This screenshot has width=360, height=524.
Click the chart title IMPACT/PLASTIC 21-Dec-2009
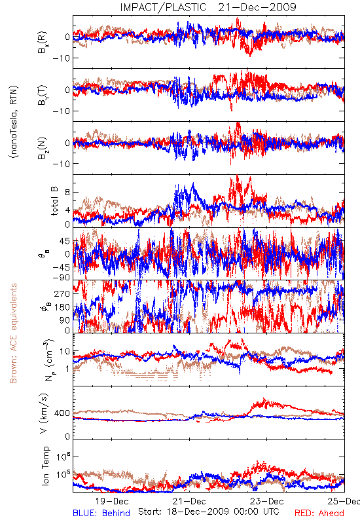pyautogui.click(x=208, y=7)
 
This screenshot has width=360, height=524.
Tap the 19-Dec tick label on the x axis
pyautogui.click(x=112, y=501)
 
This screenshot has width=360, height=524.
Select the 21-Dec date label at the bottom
pyautogui.click(x=189, y=501)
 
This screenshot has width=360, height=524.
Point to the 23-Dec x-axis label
pyautogui.click(x=267, y=501)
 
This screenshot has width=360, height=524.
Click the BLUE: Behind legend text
pyautogui.click(x=101, y=513)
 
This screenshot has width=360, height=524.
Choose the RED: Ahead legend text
pyautogui.click(x=319, y=513)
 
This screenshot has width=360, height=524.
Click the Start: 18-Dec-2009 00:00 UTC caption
pyautogui.click(x=209, y=512)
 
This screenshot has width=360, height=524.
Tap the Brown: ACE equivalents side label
pyautogui.click(x=13, y=333)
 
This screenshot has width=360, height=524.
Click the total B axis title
pyautogui.click(x=54, y=201)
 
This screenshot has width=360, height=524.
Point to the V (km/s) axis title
pyautogui.click(x=45, y=413)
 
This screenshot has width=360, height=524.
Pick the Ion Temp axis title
pyautogui.click(x=45, y=466)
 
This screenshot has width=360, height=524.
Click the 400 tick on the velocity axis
pyautogui.click(x=62, y=413)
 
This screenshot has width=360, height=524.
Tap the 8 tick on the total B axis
pyautogui.click(x=68, y=192)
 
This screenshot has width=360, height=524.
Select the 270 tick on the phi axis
pyautogui.click(x=62, y=293)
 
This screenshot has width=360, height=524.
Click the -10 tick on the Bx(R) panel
pyautogui.click(x=61, y=58)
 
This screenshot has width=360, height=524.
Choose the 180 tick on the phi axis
pyautogui.click(x=62, y=307)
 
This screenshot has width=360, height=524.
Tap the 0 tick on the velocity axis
pyautogui.click(x=68, y=436)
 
